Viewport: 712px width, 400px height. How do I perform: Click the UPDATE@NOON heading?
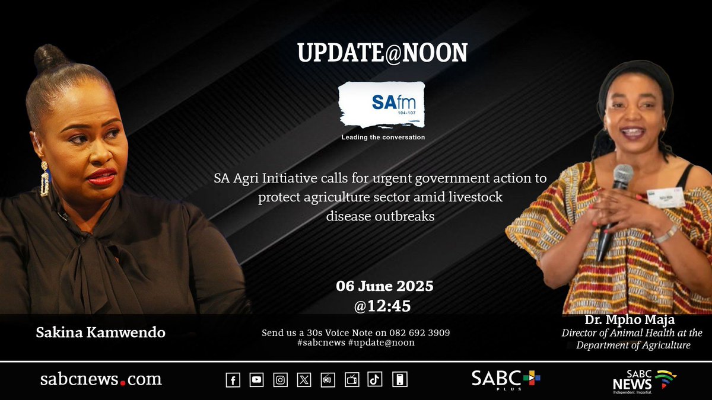point(382,54)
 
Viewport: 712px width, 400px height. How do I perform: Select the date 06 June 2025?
point(384,286)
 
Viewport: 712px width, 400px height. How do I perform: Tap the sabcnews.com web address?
point(101,379)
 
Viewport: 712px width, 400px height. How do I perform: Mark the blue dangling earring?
point(44,178)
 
